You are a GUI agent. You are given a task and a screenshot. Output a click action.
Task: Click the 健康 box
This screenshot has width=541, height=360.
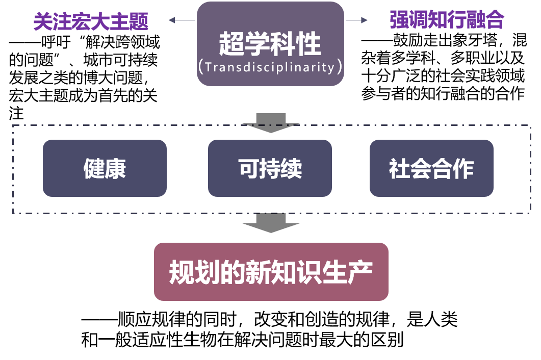(x=105, y=168)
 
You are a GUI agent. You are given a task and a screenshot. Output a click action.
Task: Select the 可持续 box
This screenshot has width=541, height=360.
(x=270, y=168)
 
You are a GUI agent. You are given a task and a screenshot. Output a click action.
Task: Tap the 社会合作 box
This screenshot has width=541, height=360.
(x=431, y=168)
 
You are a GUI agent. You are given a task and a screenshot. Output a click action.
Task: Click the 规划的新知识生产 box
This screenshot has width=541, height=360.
(x=271, y=272)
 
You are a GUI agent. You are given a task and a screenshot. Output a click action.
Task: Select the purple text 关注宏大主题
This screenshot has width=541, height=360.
(x=91, y=21)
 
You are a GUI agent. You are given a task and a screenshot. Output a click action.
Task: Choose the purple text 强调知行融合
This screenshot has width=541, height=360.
(x=447, y=20)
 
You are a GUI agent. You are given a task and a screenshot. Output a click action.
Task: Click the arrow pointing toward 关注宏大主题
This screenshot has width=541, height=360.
(x=173, y=20)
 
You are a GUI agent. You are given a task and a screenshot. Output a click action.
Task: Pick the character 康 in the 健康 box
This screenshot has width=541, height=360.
(x=116, y=168)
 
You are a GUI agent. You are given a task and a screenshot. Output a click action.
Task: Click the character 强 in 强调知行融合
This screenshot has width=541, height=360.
(x=400, y=20)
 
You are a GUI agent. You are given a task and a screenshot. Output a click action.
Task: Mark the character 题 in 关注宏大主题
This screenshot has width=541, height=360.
(x=139, y=21)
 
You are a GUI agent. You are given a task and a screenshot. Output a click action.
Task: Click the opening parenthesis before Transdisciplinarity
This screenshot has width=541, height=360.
(x=201, y=67)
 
